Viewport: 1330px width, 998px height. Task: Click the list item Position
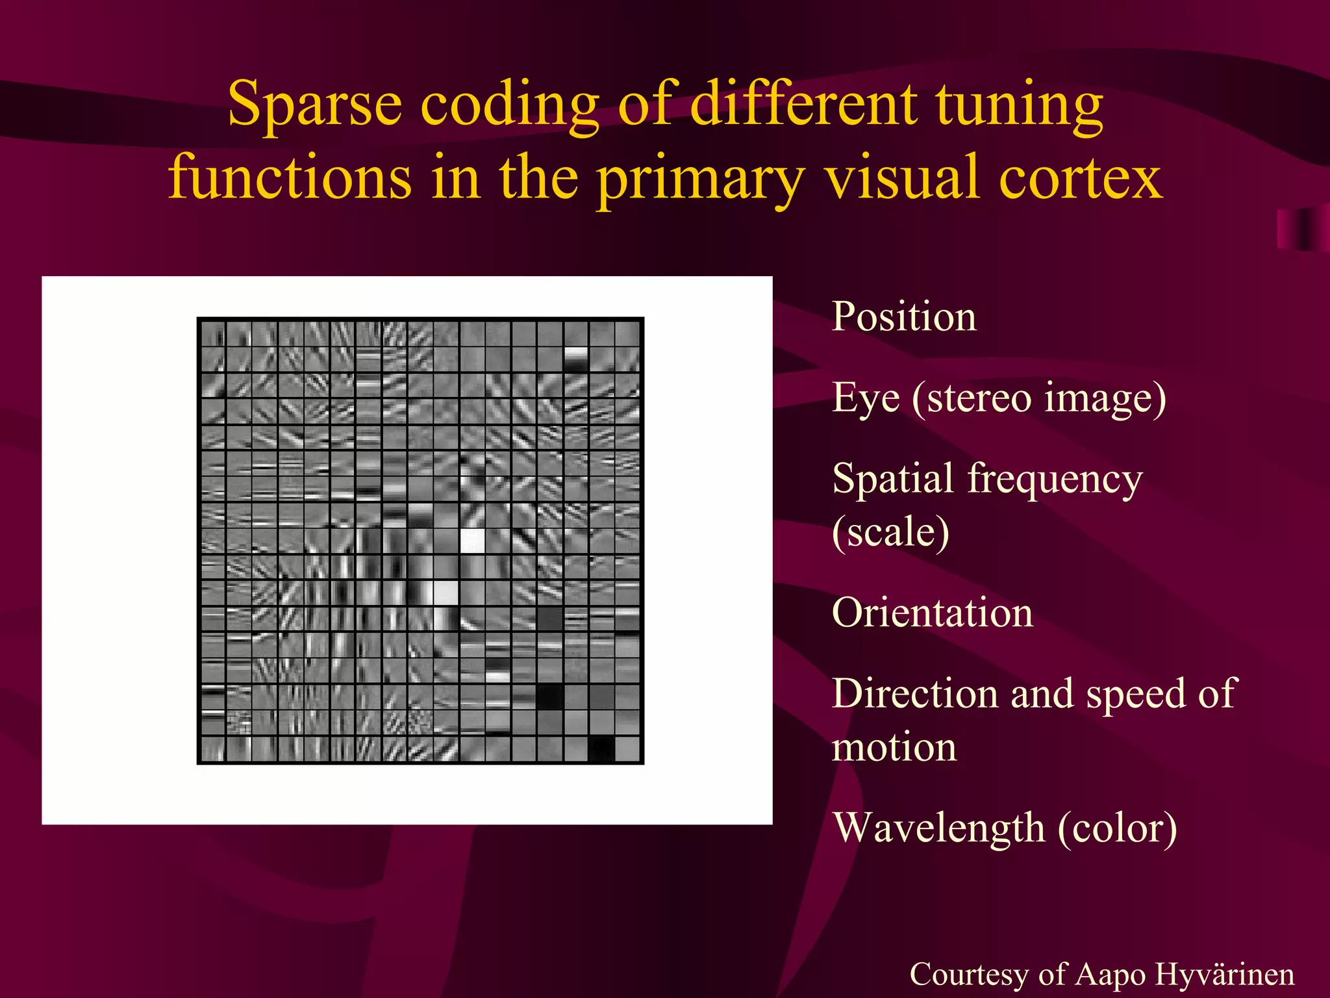904,317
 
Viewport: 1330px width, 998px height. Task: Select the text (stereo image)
1039,398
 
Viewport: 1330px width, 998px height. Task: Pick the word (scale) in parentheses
891,532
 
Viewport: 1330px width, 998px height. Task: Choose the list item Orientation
933,613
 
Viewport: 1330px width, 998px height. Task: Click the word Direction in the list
914,693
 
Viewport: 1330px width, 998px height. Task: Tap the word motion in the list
894,747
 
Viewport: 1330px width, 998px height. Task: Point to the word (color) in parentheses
1117,828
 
